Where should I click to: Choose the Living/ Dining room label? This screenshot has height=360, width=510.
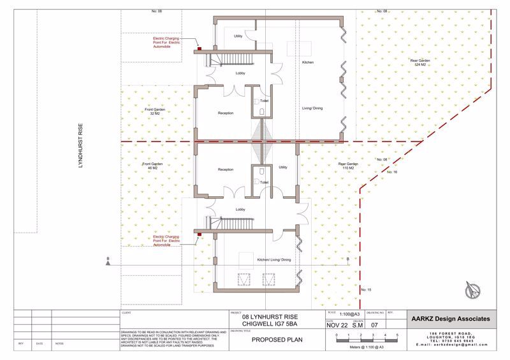(x=312, y=108)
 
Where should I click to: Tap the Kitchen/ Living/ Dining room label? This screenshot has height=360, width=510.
(x=273, y=260)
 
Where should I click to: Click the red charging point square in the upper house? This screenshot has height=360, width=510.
(x=199, y=47)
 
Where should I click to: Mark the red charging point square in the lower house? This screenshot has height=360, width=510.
(x=199, y=234)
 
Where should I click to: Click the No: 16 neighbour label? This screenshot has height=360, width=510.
(x=391, y=173)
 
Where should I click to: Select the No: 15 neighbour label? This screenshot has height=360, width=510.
(x=365, y=290)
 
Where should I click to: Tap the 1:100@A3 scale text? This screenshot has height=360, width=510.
(x=347, y=314)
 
